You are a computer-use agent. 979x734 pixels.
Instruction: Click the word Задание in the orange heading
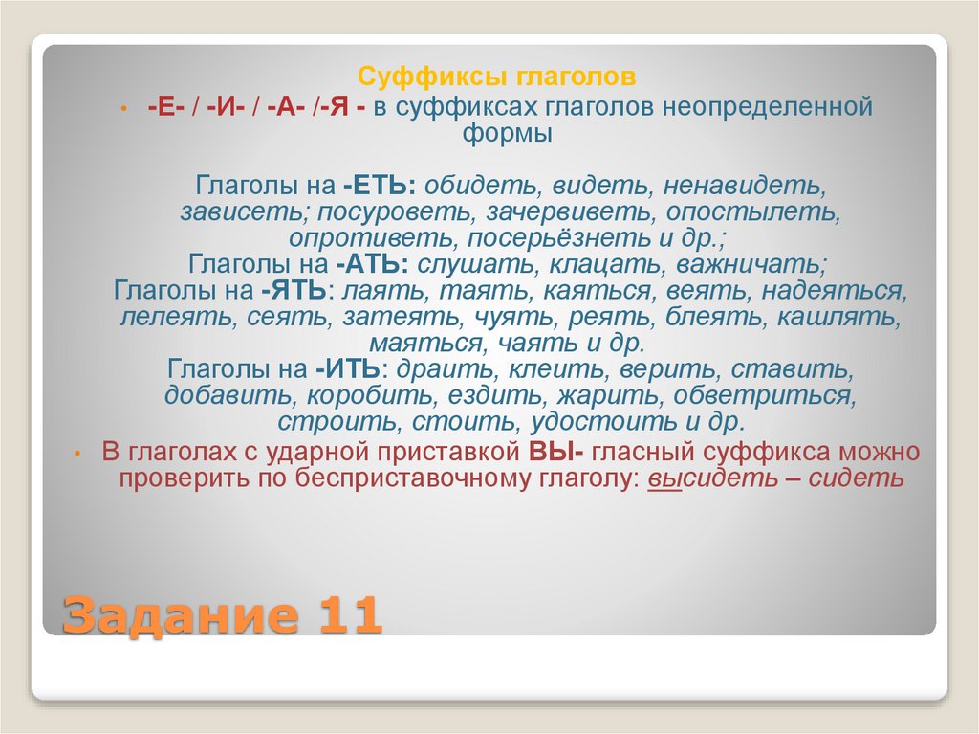[173, 613]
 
